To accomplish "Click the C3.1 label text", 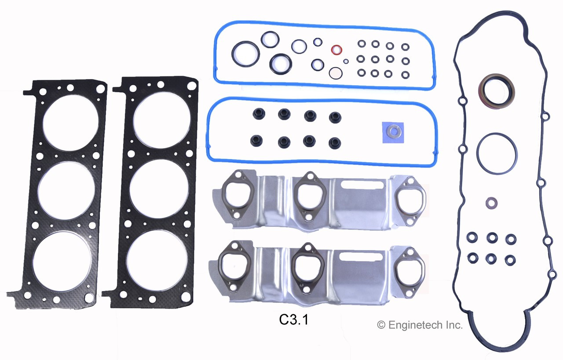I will click(x=293, y=320).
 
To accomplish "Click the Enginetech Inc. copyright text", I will click(x=420, y=325).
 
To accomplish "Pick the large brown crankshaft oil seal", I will click(x=496, y=91).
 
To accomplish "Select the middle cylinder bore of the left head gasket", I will click(x=66, y=191).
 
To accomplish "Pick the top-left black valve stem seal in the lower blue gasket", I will click(x=258, y=114).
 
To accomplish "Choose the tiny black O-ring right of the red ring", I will click(x=346, y=61).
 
